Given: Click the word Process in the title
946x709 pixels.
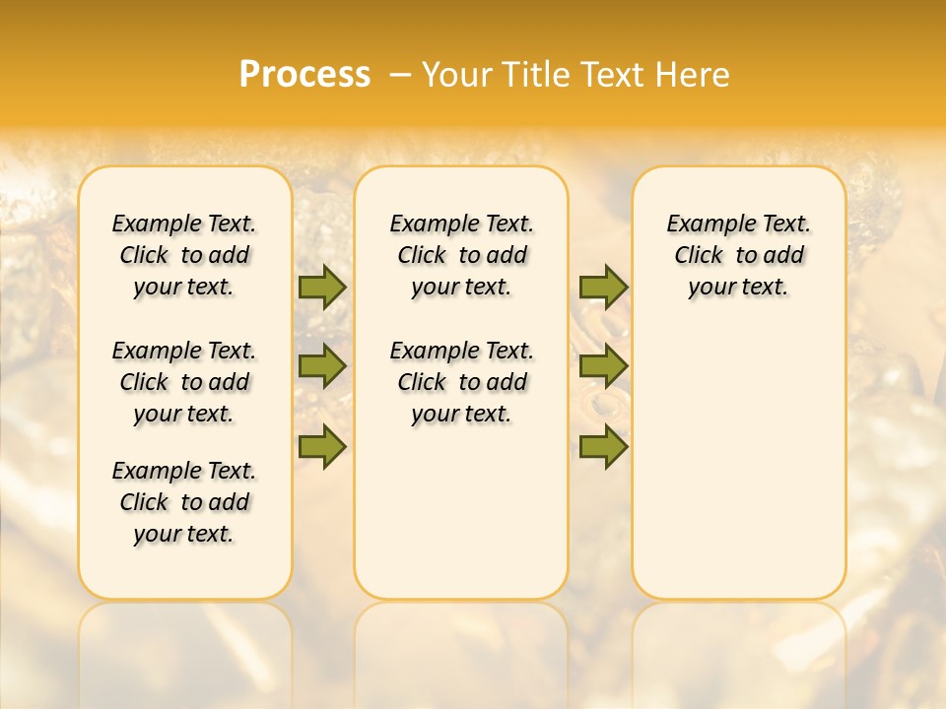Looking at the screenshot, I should (304, 75).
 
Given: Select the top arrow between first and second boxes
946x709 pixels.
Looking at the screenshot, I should (322, 287).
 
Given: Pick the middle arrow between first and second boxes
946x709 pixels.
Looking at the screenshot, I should (322, 366).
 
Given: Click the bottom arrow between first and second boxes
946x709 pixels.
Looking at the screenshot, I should (322, 446).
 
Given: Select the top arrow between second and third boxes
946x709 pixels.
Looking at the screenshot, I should (603, 287).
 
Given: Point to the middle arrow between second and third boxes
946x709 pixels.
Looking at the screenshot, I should (603, 366).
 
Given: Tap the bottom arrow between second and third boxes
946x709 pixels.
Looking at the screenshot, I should (603, 446).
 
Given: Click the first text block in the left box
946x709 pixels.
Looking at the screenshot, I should (184, 255).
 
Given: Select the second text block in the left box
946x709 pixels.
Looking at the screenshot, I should (184, 382).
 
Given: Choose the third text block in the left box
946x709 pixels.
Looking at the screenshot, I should (184, 502).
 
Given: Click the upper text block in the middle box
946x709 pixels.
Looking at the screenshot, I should (461, 255).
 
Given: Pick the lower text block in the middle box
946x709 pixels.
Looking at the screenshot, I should (461, 382).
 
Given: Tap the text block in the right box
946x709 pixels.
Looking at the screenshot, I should (739, 255).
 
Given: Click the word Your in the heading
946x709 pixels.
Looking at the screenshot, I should (456, 75).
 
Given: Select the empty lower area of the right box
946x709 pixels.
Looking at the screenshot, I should (739, 453).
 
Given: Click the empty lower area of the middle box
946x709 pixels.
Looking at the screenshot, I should (461, 512).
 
